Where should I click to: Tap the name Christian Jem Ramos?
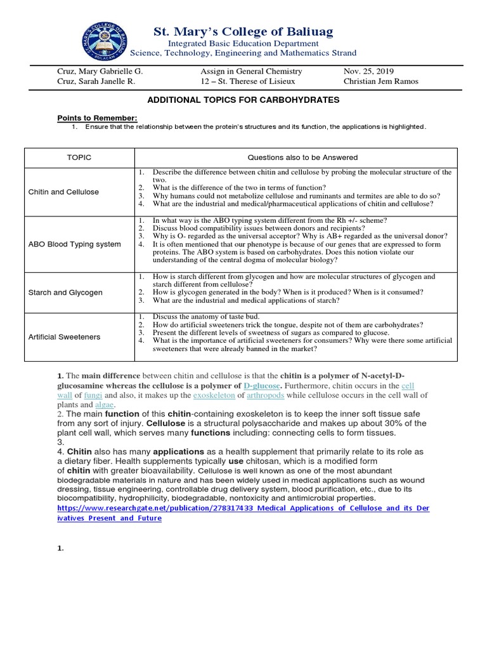[380, 81]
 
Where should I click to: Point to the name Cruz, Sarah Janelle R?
[96, 81]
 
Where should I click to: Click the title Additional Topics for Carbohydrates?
[243, 100]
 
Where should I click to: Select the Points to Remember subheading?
[97, 118]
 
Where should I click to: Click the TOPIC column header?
[79, 157]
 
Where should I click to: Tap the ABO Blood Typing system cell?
[75, 244]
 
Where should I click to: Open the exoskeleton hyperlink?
[214, 395]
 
